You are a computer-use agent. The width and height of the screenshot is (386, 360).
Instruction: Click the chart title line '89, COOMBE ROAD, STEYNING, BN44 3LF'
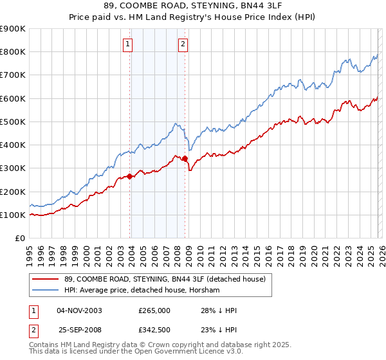pos(192,7)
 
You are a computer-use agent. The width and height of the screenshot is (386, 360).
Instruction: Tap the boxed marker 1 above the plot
pos(128,44)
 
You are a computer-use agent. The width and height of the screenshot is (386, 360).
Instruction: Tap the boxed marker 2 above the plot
pos(183,44)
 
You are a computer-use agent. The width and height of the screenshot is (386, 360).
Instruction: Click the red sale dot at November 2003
pos(130,176)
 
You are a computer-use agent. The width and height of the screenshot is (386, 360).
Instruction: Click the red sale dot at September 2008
pos(185,158)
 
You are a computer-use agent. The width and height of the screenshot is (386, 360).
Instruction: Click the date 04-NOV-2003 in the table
pos(80,310)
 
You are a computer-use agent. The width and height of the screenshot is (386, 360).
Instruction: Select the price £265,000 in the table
pos(154,310)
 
